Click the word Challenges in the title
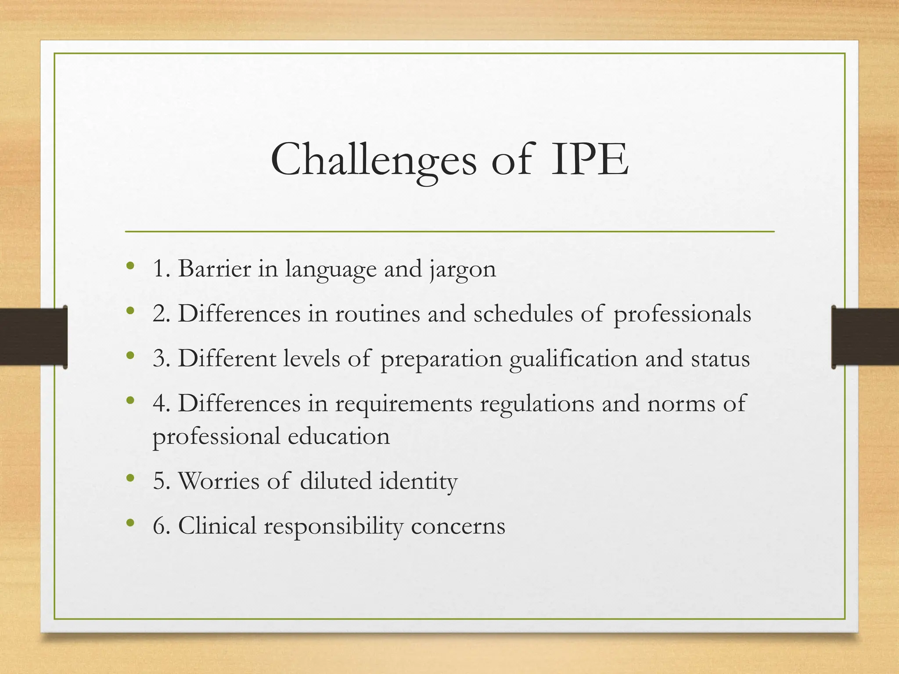coord(374,160)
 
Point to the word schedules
coord(523,314)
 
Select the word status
coord(720,359)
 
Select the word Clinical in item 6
coord(217,526)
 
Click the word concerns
coord(458,527)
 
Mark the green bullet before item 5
coord(129,477)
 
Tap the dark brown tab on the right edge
coord(865,337)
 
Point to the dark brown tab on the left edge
coord(33,337)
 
